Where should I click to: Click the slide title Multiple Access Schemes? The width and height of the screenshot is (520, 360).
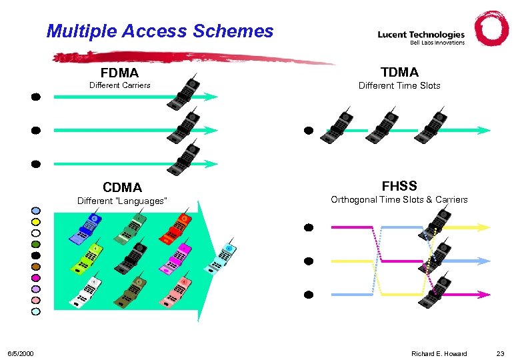160,31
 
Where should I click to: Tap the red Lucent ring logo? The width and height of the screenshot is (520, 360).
491,29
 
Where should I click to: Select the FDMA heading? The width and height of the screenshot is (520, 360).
119,72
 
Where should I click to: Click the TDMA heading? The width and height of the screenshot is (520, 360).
399,72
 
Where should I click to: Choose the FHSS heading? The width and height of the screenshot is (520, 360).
399,185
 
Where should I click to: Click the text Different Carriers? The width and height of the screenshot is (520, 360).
120,85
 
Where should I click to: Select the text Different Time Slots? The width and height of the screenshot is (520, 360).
399,85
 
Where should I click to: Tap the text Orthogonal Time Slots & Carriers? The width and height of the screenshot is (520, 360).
399,199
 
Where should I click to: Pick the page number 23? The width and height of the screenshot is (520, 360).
501,353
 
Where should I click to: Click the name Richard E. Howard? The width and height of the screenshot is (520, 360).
439,353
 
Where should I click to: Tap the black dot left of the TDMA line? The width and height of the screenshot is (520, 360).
309,131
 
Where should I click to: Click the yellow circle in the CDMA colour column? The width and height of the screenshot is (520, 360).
36,222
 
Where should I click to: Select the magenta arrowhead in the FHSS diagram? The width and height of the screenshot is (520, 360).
485,294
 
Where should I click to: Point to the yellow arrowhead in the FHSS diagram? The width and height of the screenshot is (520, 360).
485,227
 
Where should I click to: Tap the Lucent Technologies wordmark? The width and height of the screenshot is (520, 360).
421,35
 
